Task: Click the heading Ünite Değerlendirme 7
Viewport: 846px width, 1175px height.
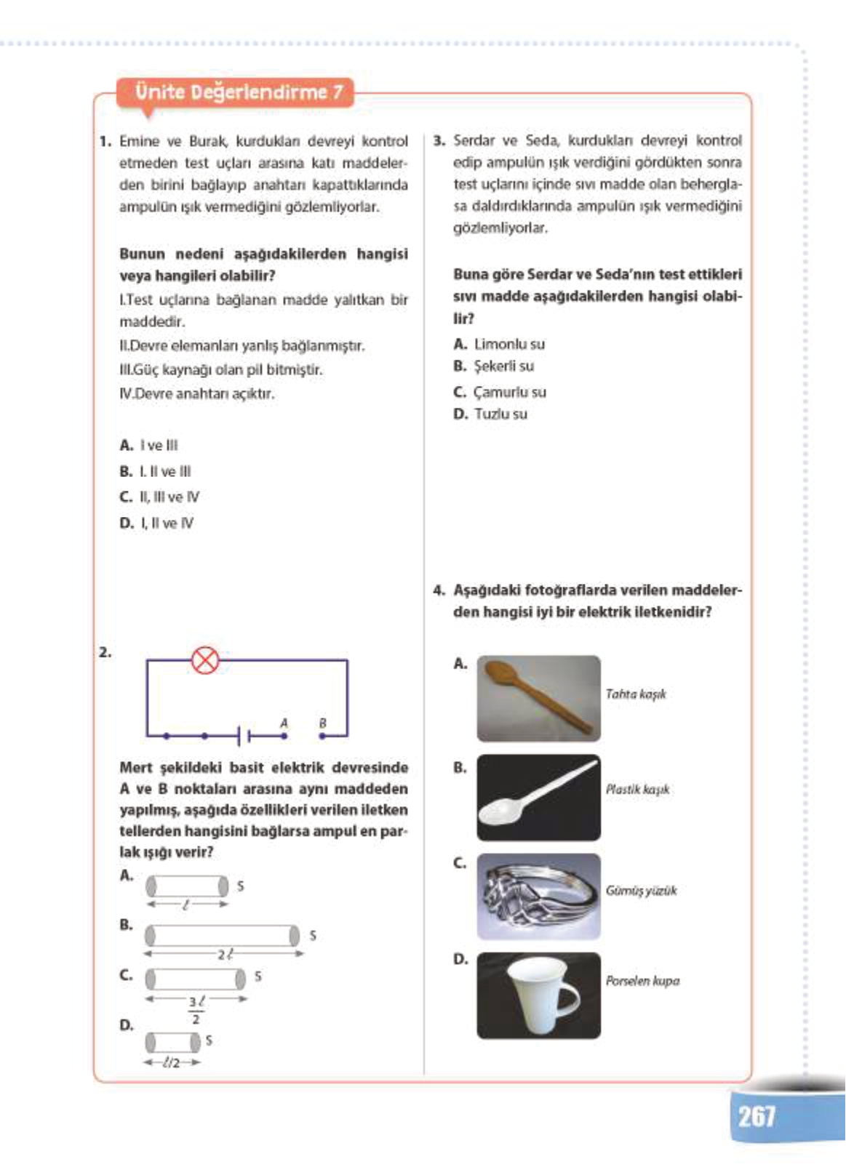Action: [239, 92]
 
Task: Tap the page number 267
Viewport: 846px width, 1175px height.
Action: [757, 1115]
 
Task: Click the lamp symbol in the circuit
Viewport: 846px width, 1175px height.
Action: [205, 660]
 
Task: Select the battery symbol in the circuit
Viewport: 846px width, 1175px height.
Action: [244, 736]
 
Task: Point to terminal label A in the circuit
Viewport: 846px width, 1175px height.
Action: [284, 723]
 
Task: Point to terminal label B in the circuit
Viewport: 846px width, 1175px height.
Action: [322, 723]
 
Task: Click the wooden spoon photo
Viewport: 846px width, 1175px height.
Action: [538, 698]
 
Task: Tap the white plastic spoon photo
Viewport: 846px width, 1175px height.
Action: [538, 797]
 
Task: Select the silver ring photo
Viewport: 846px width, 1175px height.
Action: [538, 896]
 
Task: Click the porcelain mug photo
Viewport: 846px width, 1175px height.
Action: [538, 995]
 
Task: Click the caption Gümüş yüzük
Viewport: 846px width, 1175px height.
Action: [641, 891]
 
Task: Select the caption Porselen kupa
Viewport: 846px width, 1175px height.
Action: [642, 980]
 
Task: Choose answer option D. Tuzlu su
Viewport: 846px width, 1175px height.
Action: [490, 414]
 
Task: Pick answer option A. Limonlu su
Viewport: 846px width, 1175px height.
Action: [499, 344]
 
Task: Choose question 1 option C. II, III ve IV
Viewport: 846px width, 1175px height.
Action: [159, 497]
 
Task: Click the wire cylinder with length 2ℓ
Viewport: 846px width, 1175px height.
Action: [222, 935]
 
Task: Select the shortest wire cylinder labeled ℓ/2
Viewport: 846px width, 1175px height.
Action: [172, 1042]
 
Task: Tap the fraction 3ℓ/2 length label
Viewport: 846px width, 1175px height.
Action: [196, 1009]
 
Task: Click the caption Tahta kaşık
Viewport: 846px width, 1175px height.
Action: [636, 694]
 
